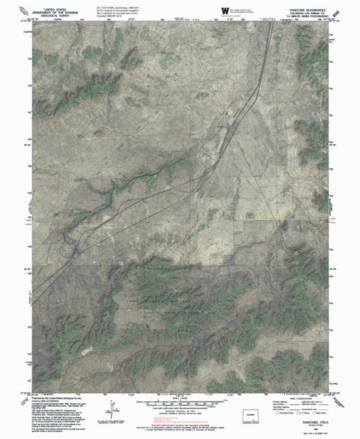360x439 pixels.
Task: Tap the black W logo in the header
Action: pyautogui.click(x=227, y=8)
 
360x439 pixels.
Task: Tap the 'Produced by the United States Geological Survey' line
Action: pyautogui.click(x=61, y=398)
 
